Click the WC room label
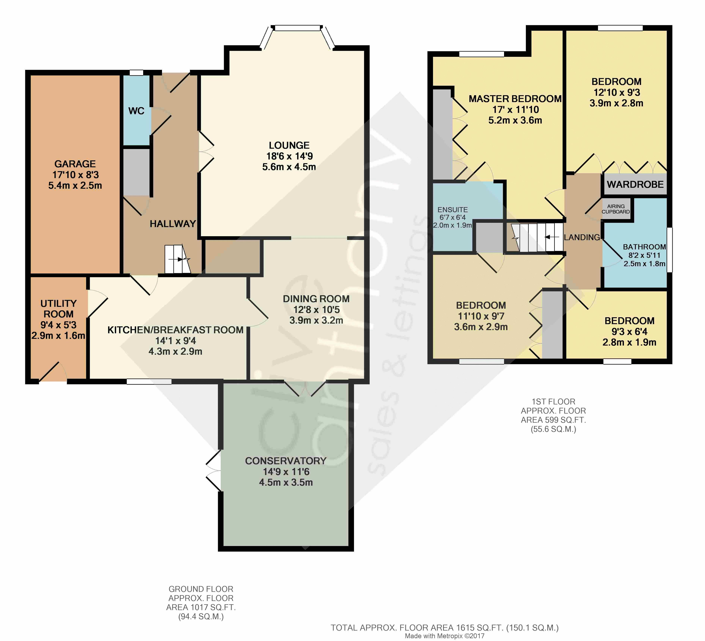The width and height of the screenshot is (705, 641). click(x=136, y=111)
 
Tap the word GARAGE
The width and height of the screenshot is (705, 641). click(x=75, y=164)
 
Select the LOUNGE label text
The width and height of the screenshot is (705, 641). click(x=289, y=145)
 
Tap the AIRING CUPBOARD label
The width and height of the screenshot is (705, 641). click(x=616, y=209)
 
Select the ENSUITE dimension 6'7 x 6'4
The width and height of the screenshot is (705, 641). click(x=453, y=217)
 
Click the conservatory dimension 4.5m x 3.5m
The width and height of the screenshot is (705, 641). click(x=286, y=483)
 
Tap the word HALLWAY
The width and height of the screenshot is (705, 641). click(x=173, y=224)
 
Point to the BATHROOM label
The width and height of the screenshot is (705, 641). click(x=644, y=247)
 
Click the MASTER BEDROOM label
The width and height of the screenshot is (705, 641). click(x=515, y=99)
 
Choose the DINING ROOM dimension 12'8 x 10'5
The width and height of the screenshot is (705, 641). click(x=316, y=310)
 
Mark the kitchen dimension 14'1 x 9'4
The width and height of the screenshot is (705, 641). click(x=176, y=341)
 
